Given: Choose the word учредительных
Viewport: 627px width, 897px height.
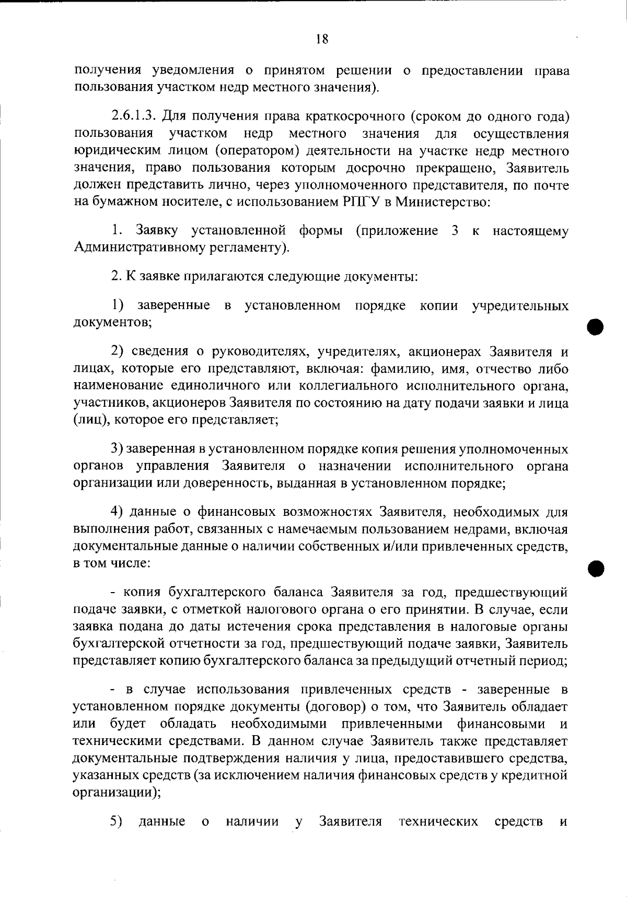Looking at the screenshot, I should pos(520,305).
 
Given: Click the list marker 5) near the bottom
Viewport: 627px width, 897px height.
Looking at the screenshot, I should pos(116,821).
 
